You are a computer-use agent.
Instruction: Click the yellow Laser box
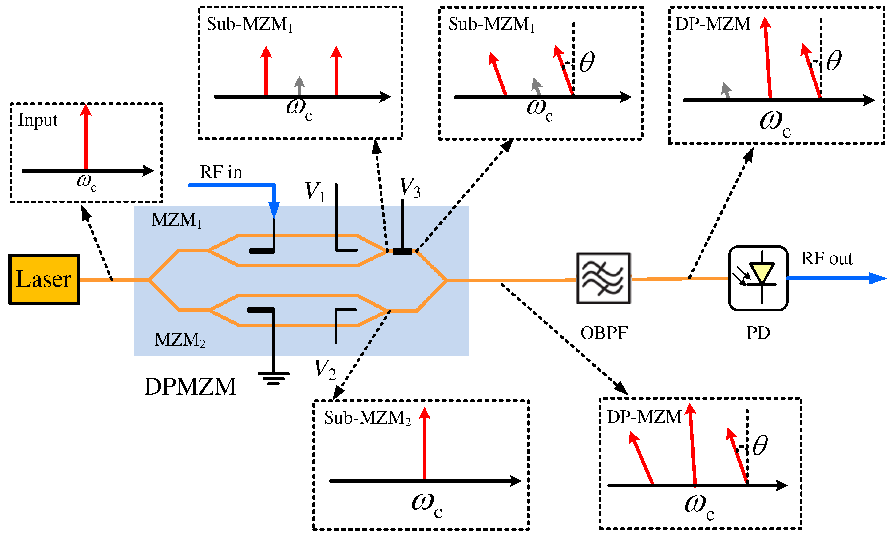44,279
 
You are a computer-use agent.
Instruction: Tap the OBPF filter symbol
603,278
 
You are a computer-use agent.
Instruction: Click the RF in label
221,172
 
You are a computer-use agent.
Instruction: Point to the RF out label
827,258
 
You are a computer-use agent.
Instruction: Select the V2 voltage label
324,369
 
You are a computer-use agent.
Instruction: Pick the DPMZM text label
190,386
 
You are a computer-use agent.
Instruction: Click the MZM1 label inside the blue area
176,220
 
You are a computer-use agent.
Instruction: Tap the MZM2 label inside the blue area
180,340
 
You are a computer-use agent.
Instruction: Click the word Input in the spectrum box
38,120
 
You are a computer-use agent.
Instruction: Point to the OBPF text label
604,333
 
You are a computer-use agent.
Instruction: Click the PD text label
758,333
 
